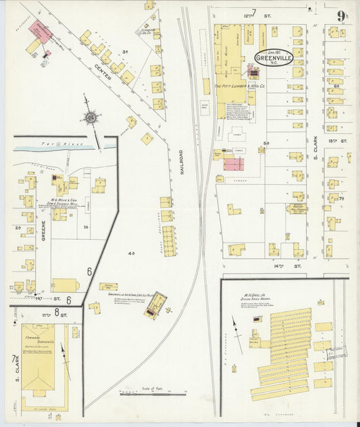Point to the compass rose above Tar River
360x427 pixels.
[89, 117]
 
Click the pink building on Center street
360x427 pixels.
[38, 30]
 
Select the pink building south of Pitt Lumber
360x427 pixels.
[233, 164]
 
